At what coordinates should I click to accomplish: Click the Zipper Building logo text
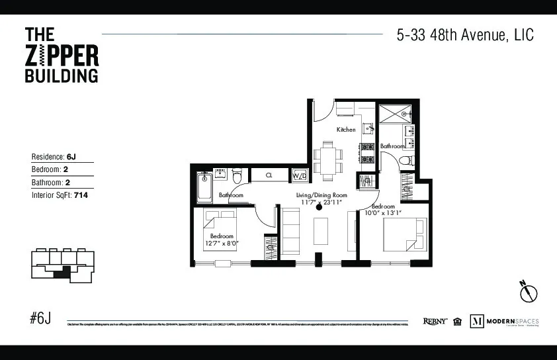(x=61, y=54)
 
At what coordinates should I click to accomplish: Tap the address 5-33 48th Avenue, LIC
(x=464, y=35)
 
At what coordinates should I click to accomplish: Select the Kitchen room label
(x=346, y=130)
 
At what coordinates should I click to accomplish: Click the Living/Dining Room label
(x=321, y=195)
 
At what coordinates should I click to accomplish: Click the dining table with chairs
(x=328, y=159)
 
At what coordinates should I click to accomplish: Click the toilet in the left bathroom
(x=237, y=175)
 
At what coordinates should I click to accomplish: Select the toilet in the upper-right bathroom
(x=407, y=159)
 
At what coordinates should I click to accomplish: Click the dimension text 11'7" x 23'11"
(x=321, y=203)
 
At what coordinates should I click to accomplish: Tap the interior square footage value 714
(x=82, y=195)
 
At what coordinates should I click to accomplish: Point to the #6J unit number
(x=40, y=318)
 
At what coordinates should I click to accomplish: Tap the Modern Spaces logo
(x=504, y=322)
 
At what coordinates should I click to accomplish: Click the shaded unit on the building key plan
(x=62, y=271)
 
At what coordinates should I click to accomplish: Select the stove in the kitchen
(x=367, y=153)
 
